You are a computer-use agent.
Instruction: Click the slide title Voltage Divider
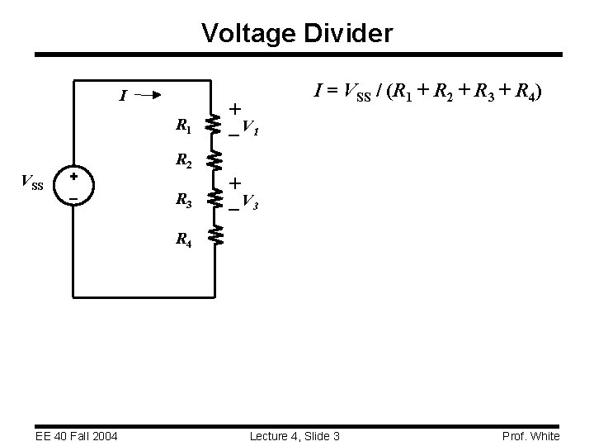297,34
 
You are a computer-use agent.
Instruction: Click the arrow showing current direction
149,95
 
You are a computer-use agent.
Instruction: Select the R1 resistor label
184,126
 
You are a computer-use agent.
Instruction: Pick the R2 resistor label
184,164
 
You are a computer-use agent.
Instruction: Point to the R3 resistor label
184,199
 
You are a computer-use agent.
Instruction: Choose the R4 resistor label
184,241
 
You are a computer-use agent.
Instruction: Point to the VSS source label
32,183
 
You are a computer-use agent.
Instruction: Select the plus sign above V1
236,109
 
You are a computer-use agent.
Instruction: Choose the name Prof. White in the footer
530,435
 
